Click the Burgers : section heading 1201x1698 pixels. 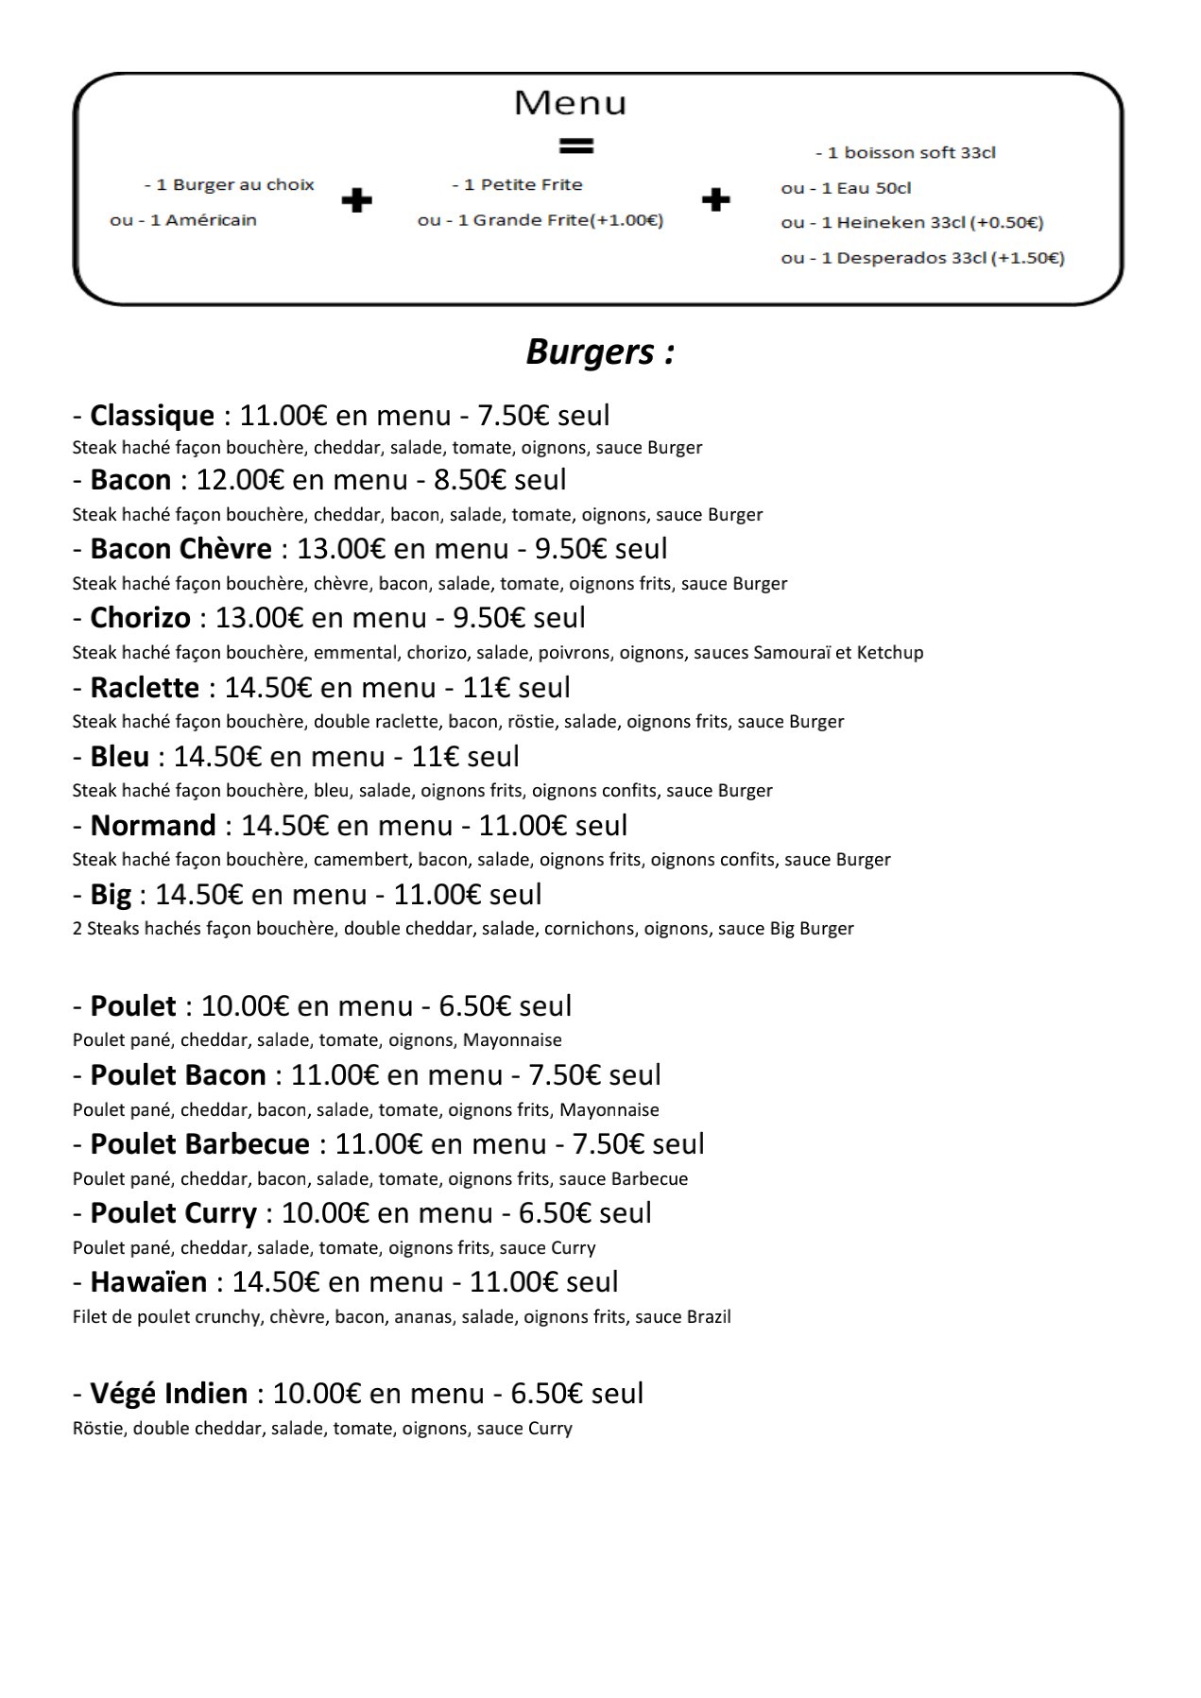coord(599,352)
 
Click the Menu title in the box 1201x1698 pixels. coord(570,103)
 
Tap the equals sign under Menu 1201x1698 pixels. coord(575,146)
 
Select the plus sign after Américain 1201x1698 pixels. coord(356,201)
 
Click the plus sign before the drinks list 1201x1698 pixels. coord(715,199)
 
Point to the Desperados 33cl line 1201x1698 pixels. coord(922,258)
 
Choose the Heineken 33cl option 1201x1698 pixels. coord(912,223)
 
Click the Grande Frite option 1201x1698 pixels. coord(540,221)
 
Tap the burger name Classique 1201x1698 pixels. coord(152,416)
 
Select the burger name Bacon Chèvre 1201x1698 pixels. coord(180,549)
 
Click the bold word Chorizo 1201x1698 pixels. coord(140,618)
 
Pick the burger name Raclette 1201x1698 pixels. coord(145,688)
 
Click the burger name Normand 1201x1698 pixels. coord(153,826)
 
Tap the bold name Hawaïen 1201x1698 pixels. coord(148,1282)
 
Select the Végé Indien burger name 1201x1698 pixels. coord(169,1394)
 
